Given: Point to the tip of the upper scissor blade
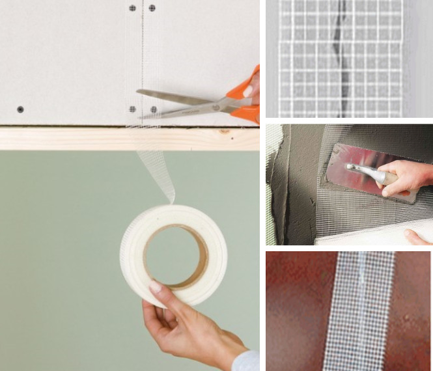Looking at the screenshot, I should pyautogui.click(x=138, y=91).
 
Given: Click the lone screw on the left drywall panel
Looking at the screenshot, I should pyautogui.click(x=20, y=109).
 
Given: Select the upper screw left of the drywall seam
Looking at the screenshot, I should pyautogui.click(x=132, y=8).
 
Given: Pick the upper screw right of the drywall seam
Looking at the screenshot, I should pyautogui.click(x=152, y=8).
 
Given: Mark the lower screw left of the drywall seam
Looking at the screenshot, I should pyautogui.click(x=133, y=109).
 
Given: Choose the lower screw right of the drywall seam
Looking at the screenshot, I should pyautogui.click(x=154, y=109).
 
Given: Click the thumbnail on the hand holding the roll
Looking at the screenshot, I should pyautogui.click(x=155, y=287).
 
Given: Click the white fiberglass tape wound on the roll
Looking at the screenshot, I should pyautogui.click(x=134, y=260).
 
